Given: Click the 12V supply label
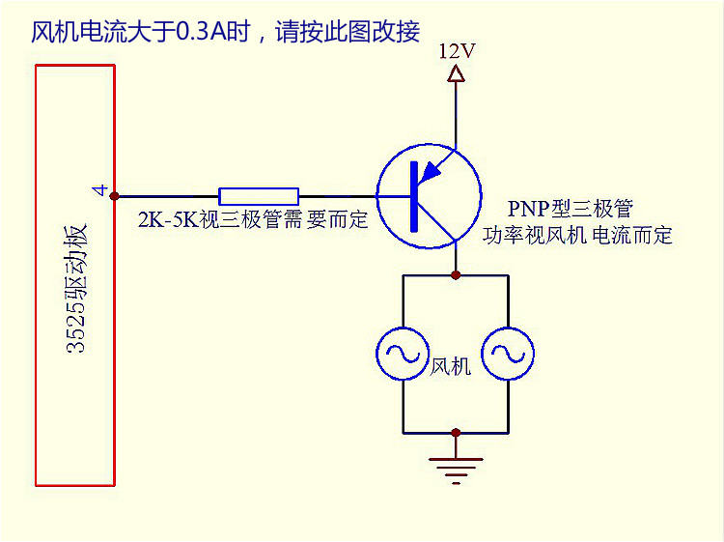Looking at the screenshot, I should coord(457,51).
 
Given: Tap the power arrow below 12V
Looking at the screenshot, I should coord(457,73).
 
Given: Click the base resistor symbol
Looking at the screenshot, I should coord(259,195).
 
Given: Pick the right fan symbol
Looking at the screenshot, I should coord(508,355).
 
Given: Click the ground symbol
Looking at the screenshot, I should coord(456,468).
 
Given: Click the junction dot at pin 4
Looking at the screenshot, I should coord(115,195).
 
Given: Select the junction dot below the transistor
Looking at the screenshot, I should coord(456,275).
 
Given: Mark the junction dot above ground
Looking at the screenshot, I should coord(456,433).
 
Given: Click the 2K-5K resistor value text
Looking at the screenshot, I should coord(254,219).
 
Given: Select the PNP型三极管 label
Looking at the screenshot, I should coord(571,210).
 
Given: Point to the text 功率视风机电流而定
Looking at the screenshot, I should coord(578,236).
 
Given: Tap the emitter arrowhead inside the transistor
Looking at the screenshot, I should coord(431,171).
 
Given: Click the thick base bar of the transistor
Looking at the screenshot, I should coord(415,196).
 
